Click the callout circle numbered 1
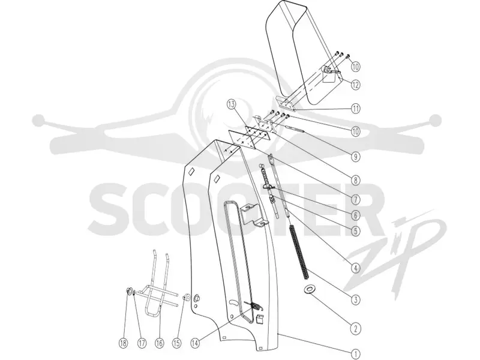pyautogui.click(x=355, y=354)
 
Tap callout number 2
pyautogui.click(x=355, y=329)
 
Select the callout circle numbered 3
pyautogui.click(x=355, y=299)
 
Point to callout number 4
pyautogui.click(x=355, y=268)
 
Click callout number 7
pyautogui.click(x=355, y=200)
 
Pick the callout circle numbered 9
pyautogui.click(x=355, y=157)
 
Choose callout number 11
pyautogui.click(x=355, y=109)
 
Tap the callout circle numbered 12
pyautogui.click(x=355, y=85)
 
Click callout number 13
pyautogui.click(x=232, y=104)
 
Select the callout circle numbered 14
pyautogui.click(x=195, y=343)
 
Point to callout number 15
pyautogui.click(x=176, y=343)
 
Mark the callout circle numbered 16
pyautogui.click(x=160, y=343)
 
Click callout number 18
pyautogui.click(x=123, y=343)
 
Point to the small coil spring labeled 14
pyautogui.click(x=254, y=306)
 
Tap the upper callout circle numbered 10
pyautogui.click(x=355, y=67)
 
